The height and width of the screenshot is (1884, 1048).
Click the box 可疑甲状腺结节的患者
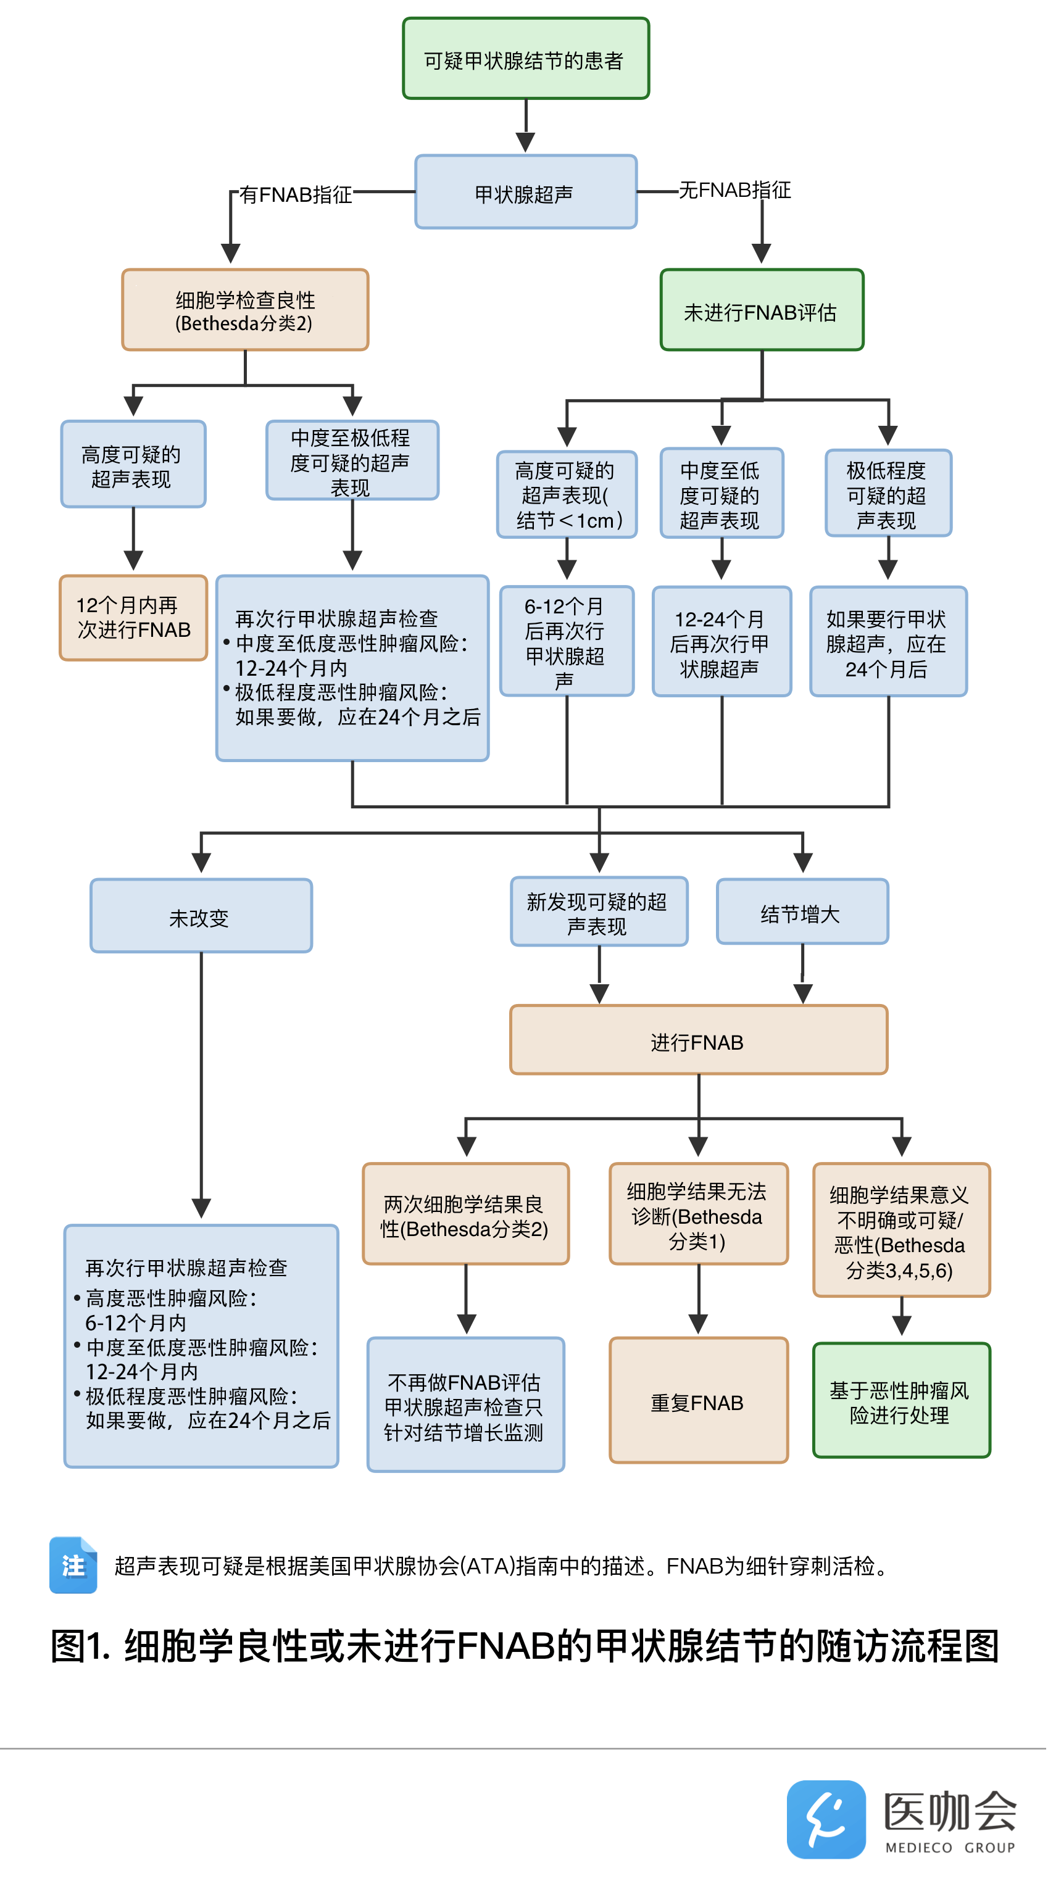pyautogui.click(x=526, y=59)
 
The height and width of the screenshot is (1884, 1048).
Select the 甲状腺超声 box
pyautogui.click(x=526, y=193)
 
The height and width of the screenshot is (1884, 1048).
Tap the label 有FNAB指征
pyautogui.click(x=296, y=194)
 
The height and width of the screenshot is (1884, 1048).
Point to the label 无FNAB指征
pyautogui.click(x=734, y=190)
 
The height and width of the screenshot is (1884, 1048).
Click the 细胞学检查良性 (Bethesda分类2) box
pyautogui.click(x=245, y=310)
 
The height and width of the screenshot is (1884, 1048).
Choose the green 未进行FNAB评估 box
pyautogui.click(x=762, y=310)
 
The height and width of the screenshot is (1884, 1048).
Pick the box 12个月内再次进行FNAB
pyautogui.click(x=133, y=618)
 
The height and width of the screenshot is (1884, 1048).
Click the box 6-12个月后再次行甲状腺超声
pyautogui.click(x=567, y=641)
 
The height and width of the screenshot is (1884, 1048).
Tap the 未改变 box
pyautogui.click(x=201, y=916)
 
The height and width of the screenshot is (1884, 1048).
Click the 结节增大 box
pyautogui.click(x=802, y=912)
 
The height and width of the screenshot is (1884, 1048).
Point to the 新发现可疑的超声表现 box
pyautogui.click(x=599, y=912)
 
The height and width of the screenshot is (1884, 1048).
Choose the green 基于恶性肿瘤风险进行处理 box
pyautogui.click(x=901, y=1401)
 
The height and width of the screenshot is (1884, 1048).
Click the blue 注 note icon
pyautogui.click(x=73, y=1565)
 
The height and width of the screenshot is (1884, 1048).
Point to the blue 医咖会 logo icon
pyautogui.click(x=826, y=1819)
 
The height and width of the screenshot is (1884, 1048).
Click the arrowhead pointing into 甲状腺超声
pyautogui.click(x=526, y=142)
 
